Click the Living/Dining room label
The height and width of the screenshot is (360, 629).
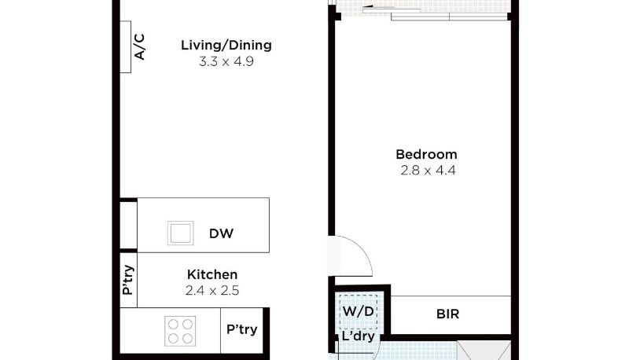pos(226,46)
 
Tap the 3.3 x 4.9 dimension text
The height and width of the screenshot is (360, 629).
pos(226,61)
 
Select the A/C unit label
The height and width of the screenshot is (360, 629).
pos(139,47)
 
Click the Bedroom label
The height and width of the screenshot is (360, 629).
pos(426,154)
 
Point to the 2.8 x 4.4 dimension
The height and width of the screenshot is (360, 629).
pos(428,171)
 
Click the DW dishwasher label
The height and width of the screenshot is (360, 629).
pos(221,233)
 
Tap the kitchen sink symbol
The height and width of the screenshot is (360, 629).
pos(181,233)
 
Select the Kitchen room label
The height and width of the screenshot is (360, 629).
pos(212,274)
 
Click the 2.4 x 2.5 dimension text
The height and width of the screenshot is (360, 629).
pos(212,290)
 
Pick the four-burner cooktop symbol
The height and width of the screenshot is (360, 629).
pos(180,331)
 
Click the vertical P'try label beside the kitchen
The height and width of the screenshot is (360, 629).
pos(128,280)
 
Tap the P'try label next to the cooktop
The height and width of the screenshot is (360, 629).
pos(242,329)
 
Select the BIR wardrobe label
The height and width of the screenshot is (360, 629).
pos(447,314)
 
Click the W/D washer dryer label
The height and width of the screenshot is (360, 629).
pos(359,311)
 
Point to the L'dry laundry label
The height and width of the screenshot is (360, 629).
pos(359,336)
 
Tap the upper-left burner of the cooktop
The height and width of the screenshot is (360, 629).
pos(173,324)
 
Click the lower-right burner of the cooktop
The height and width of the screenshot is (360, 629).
pos(187,339)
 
